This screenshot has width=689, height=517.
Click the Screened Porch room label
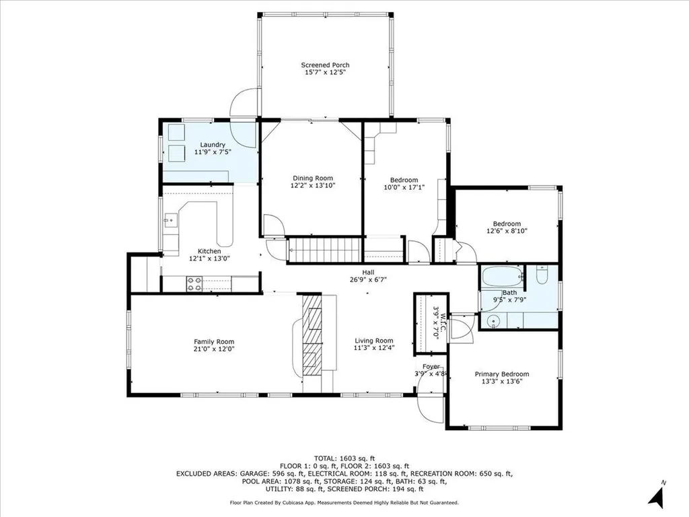[325, 65]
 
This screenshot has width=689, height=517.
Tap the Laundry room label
[213, 145]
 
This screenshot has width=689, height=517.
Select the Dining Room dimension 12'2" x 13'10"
[312, 186]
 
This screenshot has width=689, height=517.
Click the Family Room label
[214, 341]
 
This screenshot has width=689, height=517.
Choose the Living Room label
[373, 341]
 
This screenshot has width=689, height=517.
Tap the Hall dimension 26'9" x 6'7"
[368, 280]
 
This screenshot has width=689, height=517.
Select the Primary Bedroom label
[501, 374]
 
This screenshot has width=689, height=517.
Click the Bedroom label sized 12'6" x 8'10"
[506, 223]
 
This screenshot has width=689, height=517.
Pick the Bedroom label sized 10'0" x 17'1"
[404, 180]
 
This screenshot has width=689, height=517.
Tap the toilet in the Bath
[542, 275]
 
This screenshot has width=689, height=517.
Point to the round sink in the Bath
[493, 321]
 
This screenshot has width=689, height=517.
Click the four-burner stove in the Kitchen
[194, 284]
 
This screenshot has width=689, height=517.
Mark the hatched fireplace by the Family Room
[312, 333]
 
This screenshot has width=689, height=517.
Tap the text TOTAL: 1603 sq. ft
[344, 457]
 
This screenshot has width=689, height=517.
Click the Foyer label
[431, 367]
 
